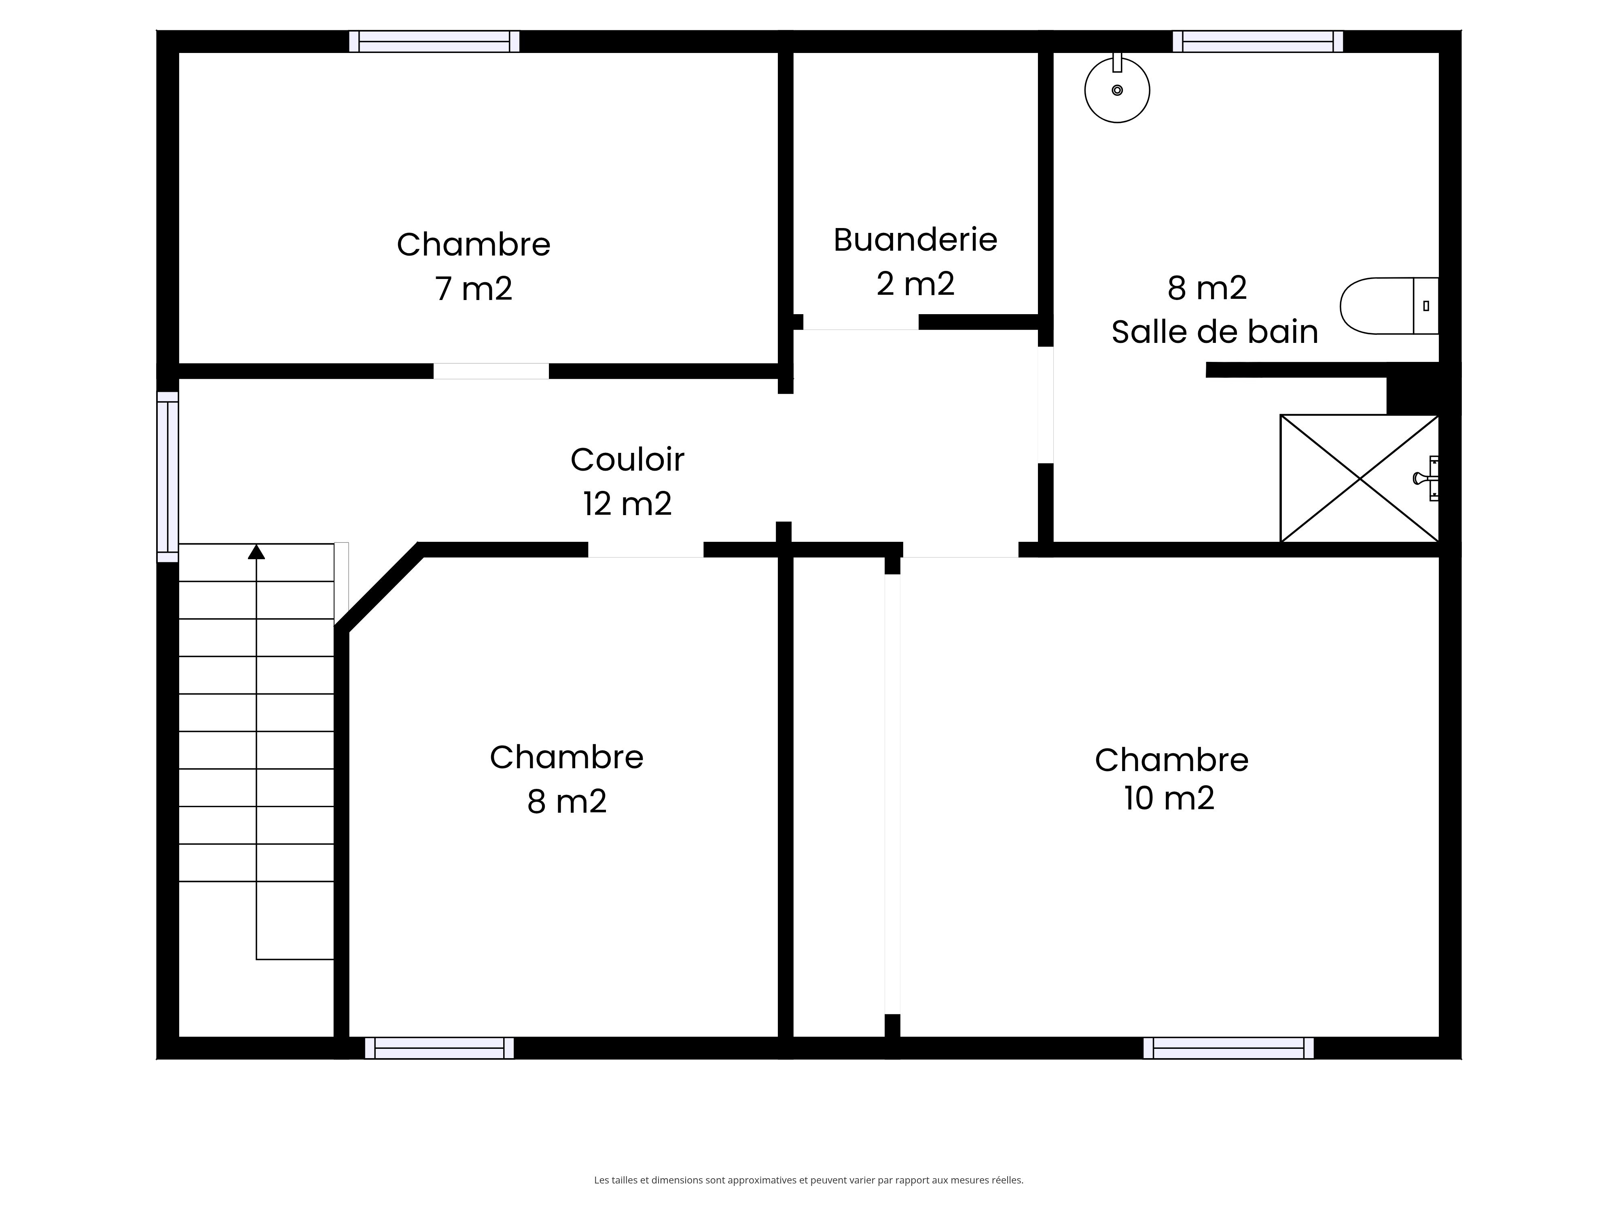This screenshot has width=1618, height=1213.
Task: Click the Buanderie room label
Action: tap(915, 240)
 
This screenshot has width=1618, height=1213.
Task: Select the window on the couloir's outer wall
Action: tap(167, 477)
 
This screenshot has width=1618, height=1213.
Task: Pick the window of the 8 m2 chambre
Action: tap(440, 1048)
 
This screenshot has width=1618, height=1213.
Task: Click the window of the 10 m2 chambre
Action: tap(1229, 1048)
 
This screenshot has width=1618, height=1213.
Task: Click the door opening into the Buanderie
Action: tap(861, 322)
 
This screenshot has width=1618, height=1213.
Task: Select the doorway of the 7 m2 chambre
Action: tap(491, 371)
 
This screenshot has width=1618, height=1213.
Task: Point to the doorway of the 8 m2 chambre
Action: tap(646, 550)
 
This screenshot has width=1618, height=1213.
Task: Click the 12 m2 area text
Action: tap(628, 504)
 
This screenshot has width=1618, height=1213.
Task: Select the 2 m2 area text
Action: tap(916, 284)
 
